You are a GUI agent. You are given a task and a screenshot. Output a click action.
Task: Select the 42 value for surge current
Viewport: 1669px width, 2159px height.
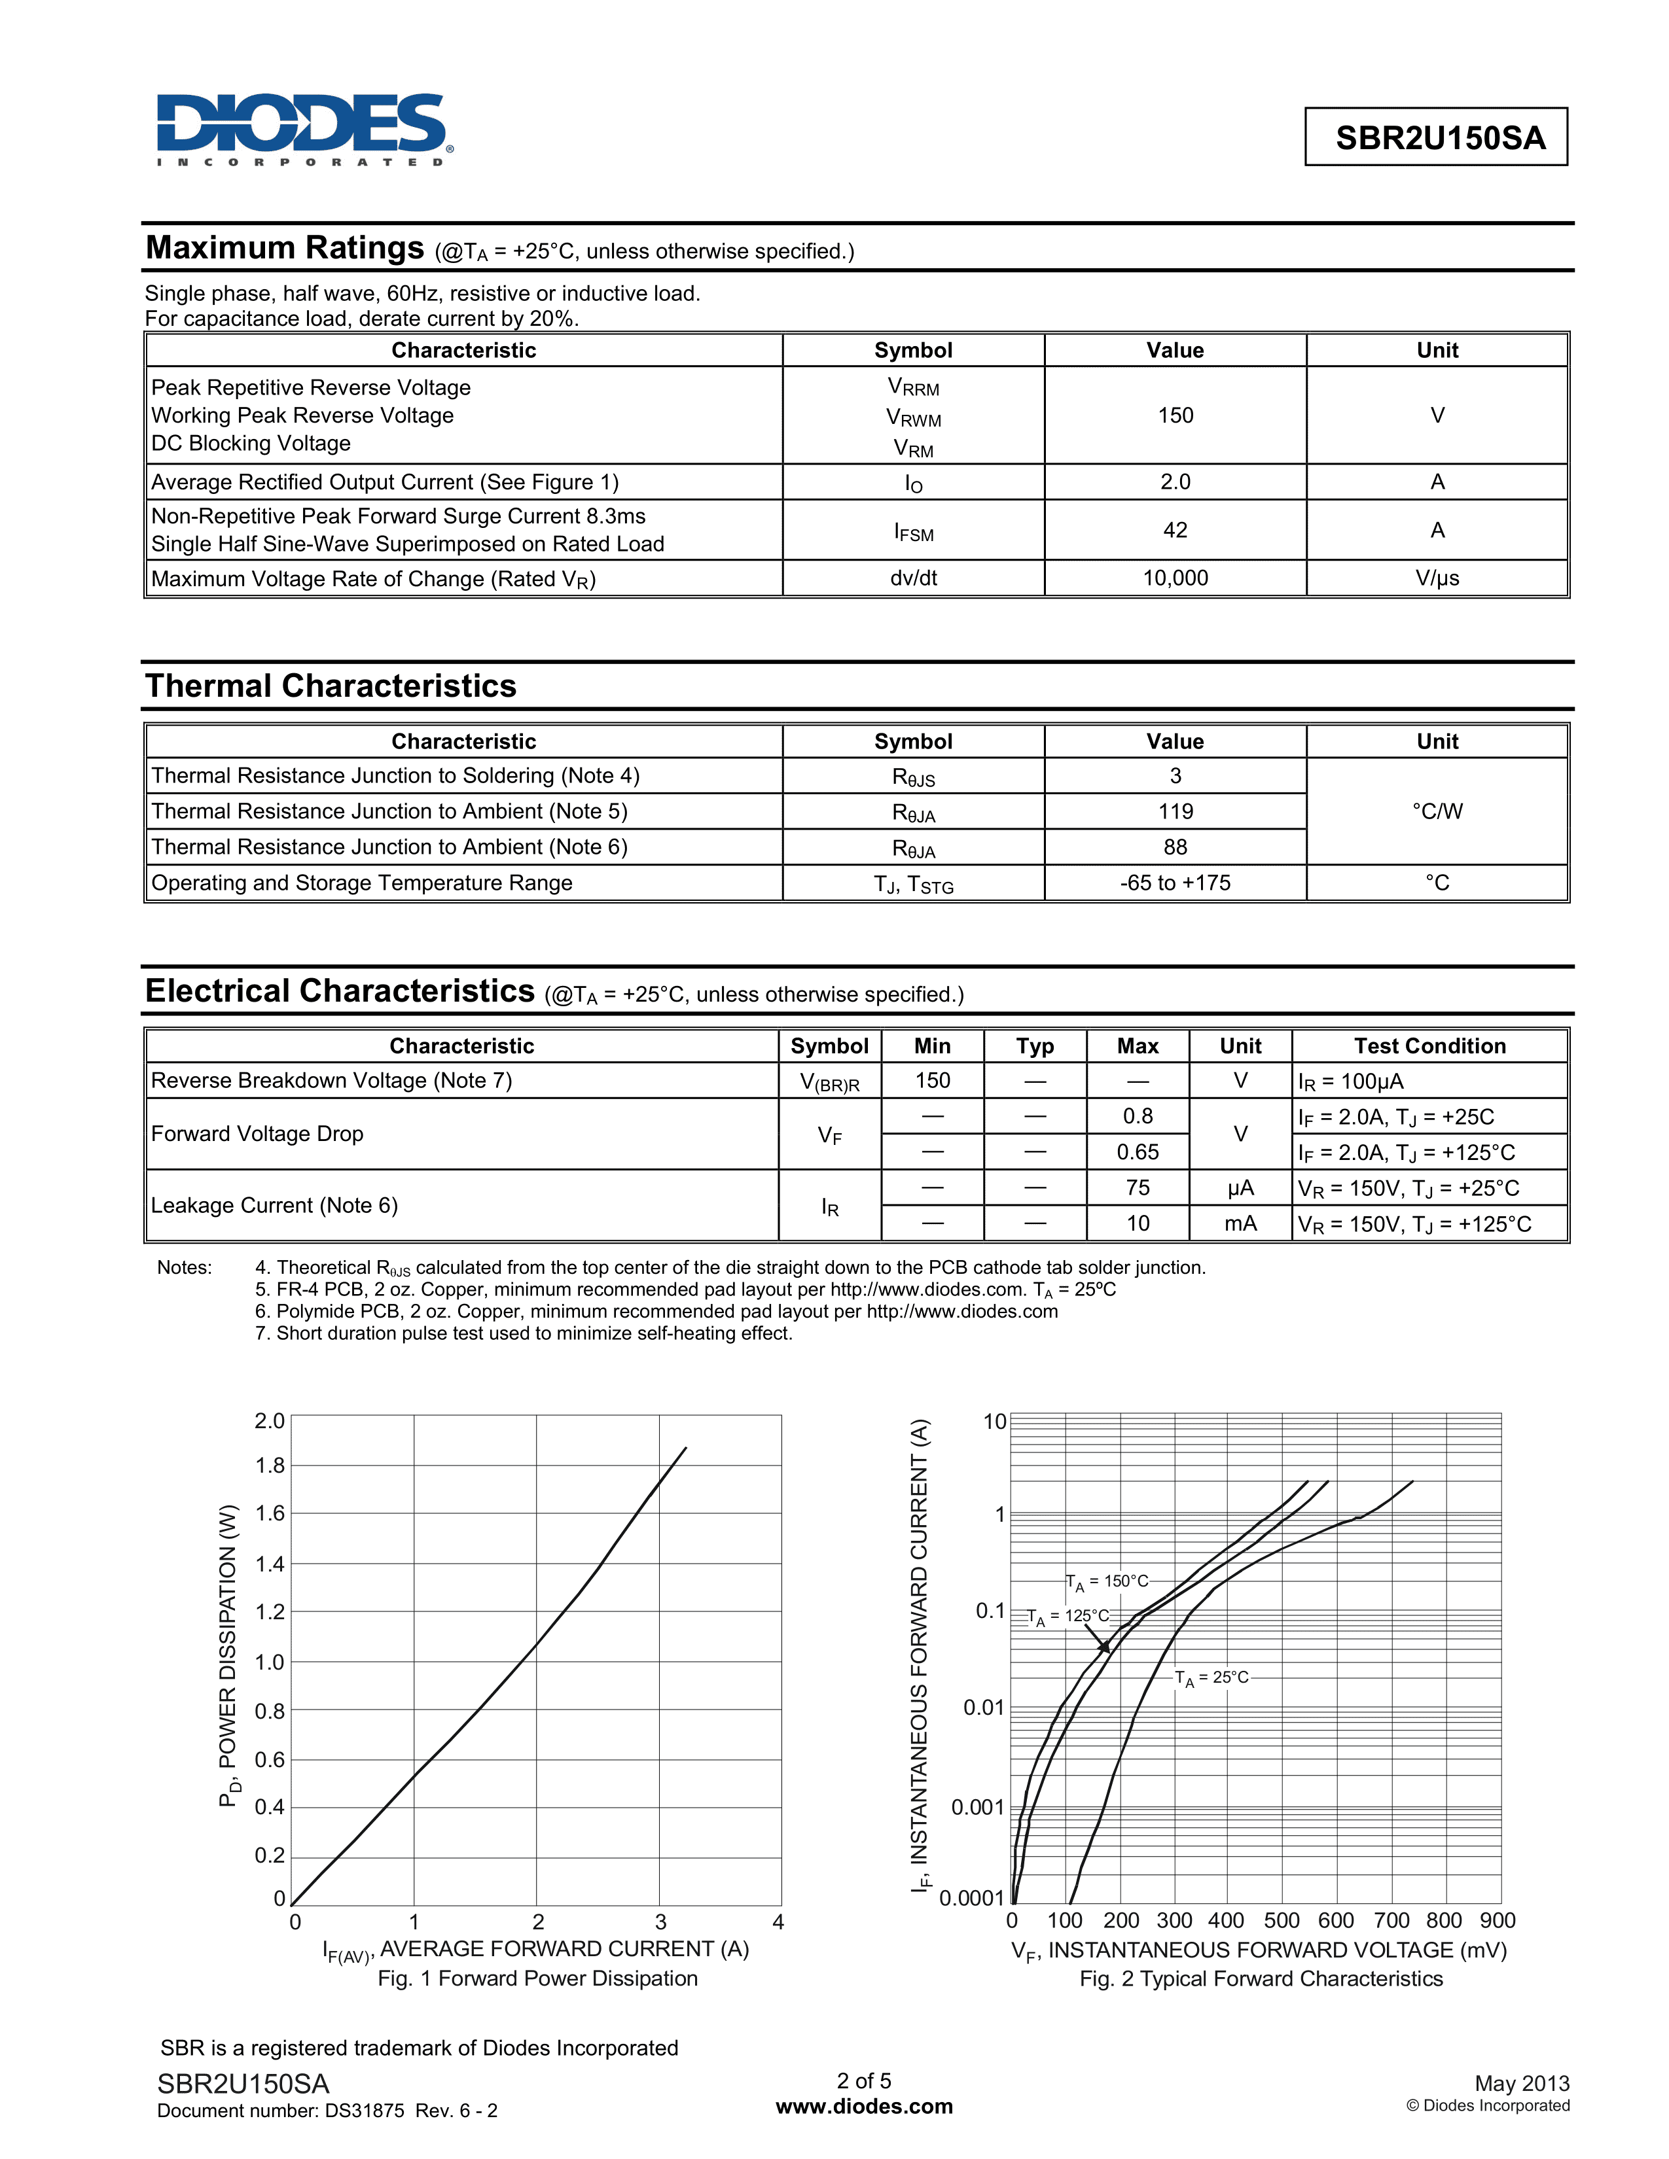click(1175, 530)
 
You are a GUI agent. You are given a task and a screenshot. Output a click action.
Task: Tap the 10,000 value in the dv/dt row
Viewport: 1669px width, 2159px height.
click(1175, 578)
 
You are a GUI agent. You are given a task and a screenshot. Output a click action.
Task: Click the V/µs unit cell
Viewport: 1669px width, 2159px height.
click(1437, 578)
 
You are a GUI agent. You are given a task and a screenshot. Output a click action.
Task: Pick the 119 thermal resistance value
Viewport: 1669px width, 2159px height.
click(1175, 812)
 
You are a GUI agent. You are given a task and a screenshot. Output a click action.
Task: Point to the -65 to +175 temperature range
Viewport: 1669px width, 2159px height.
click(1175, 883)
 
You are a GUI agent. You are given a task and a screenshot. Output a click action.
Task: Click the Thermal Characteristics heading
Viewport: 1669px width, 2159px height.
click(331, 686)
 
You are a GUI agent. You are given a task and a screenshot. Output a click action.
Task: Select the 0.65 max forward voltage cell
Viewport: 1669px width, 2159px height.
click(1137, 1151)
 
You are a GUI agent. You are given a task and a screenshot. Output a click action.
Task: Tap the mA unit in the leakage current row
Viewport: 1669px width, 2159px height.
click(1240, 1224)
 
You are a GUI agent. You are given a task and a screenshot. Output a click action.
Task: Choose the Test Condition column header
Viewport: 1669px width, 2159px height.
click(1429, 1046)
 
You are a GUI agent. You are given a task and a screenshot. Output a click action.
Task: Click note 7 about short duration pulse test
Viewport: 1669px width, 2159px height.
click(524, 1333)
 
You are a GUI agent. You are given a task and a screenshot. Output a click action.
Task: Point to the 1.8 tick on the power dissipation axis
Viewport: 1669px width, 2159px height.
click(269, 1465)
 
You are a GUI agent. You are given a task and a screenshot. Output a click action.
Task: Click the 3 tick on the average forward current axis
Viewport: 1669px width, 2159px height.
click(660, 1922)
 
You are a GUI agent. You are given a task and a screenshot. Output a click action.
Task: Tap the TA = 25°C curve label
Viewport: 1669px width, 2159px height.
click(1211, 1677)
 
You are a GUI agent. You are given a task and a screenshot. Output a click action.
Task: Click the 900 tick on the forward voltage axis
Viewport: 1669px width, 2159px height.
click(1497, 1921)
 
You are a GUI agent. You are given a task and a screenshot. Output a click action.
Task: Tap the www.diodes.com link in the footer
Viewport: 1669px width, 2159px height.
click(864, 2107)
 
